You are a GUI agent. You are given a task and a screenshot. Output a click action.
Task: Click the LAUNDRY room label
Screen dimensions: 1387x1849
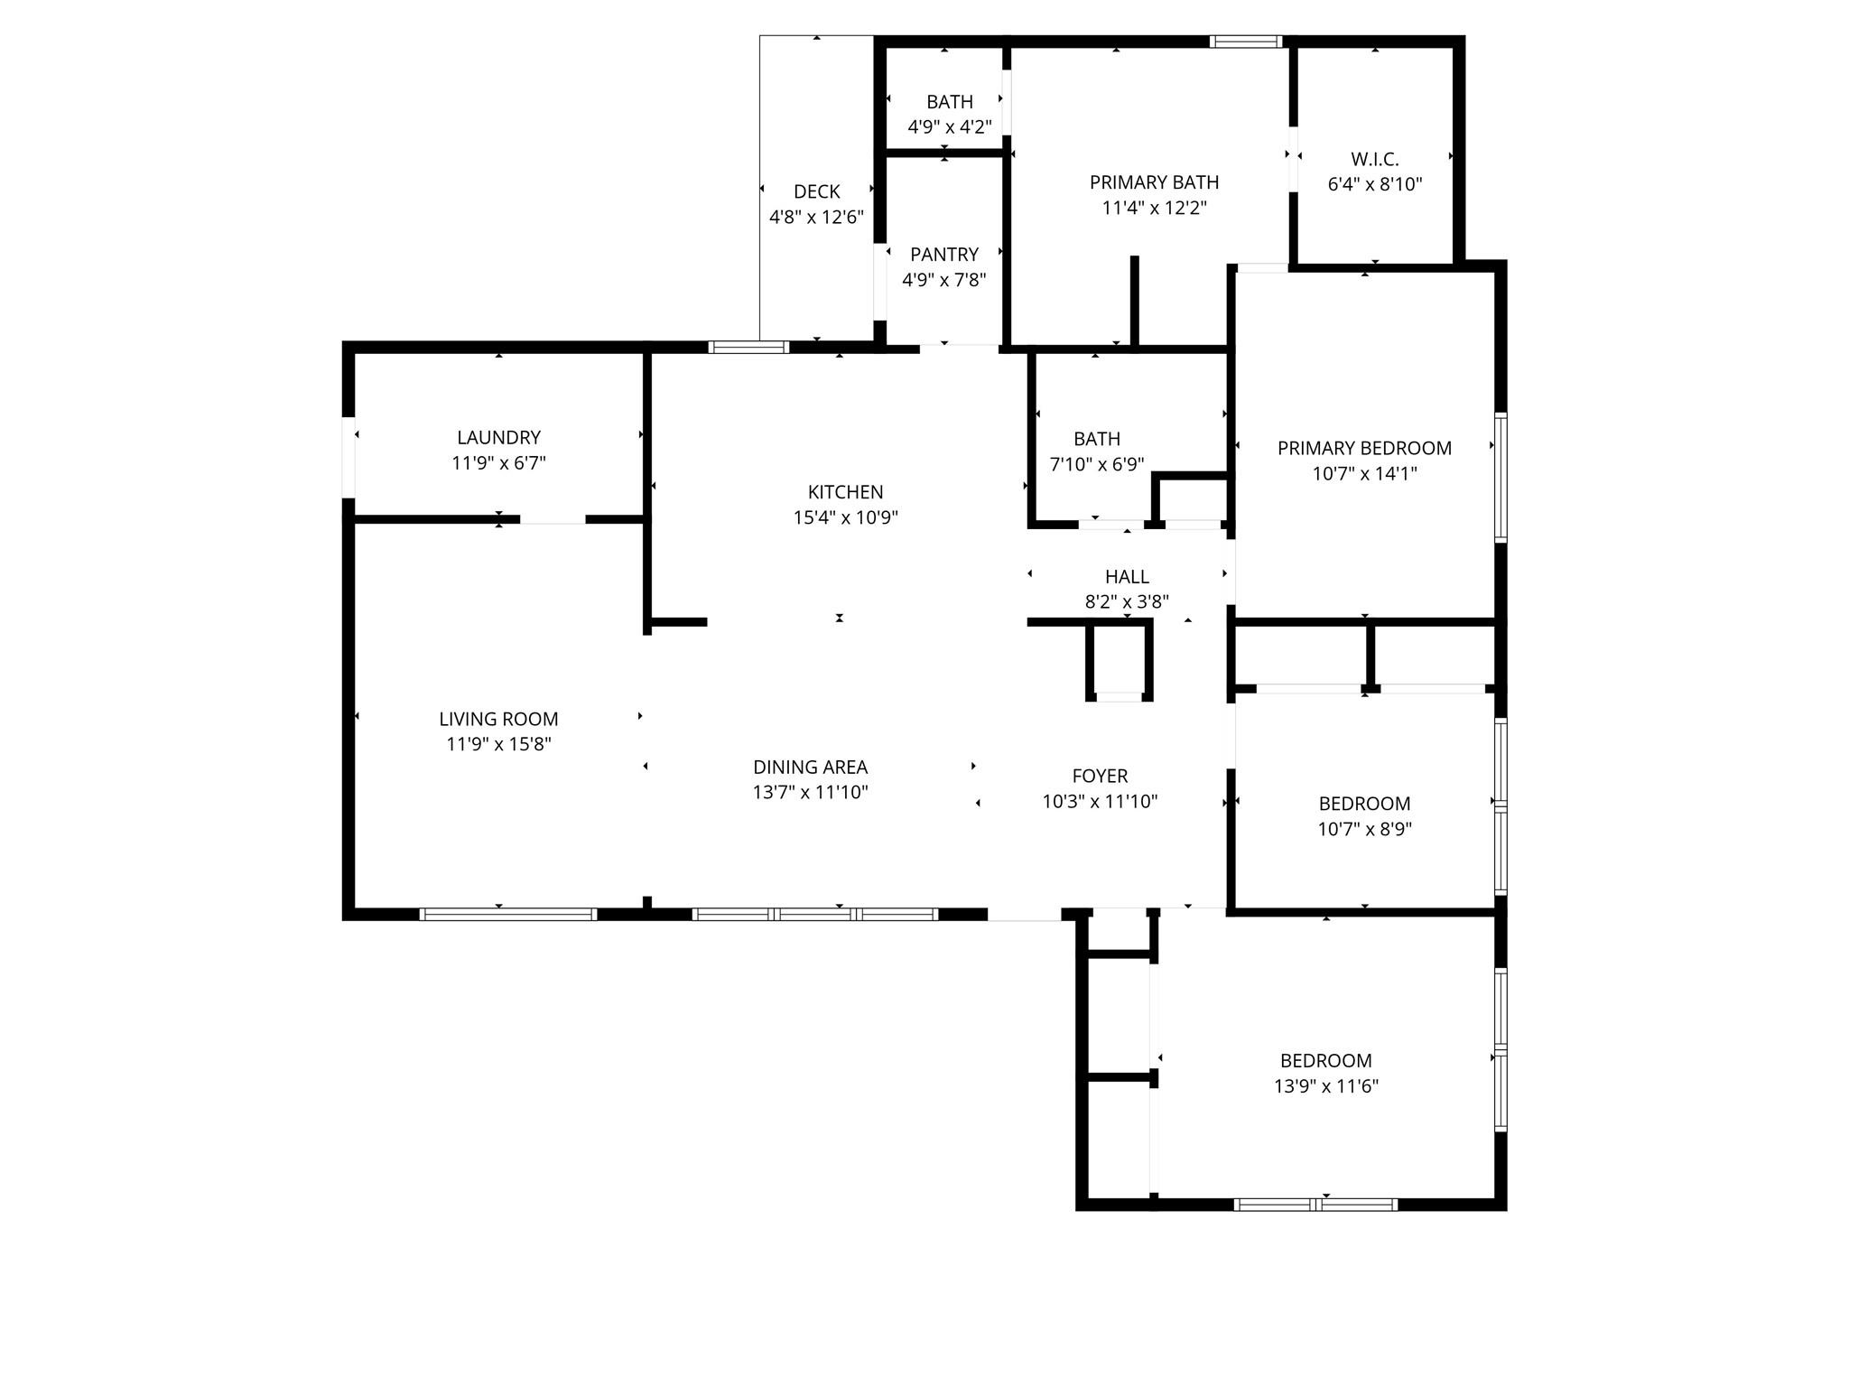pyautogui.click(x=498, y=438)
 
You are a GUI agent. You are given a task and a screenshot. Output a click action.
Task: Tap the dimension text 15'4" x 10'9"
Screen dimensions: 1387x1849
pyautogui.click(x=845, y=517)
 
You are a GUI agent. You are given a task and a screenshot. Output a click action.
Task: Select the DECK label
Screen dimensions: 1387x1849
pyautogui.click(x=816, y=191)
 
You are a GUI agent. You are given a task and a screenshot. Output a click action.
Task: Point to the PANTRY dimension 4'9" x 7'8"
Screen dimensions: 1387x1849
pyautogui.click(x=943, y=280)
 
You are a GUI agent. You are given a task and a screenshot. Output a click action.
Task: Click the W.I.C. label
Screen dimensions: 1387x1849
pyautogui.click(x=1374, y=160)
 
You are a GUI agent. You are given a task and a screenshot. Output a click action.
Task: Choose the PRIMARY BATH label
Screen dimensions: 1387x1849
pyautogui.click(x=1154, y=182)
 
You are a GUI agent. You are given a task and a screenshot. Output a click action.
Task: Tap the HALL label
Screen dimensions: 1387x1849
pyautogui.click(x=1127, y=577)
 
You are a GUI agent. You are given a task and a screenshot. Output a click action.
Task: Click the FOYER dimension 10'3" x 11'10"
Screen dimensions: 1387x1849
pyautogui.click(x=1100, y=801)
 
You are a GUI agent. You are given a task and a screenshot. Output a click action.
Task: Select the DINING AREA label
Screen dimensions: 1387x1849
pyautogui.click(x=810, y=768)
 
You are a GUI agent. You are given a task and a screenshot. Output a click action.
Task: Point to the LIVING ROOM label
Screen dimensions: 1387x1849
pyautogui.click(x=498, y=720)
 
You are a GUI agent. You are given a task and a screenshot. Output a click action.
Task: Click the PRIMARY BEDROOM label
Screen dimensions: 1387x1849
pyautogui.click(x=1363, y=449)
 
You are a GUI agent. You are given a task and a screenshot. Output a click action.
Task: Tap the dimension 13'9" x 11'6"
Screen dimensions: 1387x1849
pyautogui.click(x=1325, y=1086)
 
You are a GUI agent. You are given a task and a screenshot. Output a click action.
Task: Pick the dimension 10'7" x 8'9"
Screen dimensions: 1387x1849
pyautogui.click(x=1364, y=829)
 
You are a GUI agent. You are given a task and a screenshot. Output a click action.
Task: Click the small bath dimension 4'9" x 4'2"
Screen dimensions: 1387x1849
pyautogui.click(x=949, y=127)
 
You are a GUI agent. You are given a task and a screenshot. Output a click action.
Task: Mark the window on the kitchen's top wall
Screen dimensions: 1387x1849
pyautogui.click(x=748, y=347)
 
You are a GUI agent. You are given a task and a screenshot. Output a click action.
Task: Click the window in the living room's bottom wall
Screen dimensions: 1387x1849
pyautogui.click(x=507, y=914)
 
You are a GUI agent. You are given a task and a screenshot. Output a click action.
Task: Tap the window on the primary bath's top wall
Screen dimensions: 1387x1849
pyautogui.click(x=1245, y=42)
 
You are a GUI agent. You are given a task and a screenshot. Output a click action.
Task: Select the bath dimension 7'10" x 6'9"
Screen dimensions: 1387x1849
pyautogui.click(x=1096, y=464)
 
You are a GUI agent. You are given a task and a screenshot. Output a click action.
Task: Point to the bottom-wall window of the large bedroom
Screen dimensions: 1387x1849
pyautogui.click(x=1315, y=1204)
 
